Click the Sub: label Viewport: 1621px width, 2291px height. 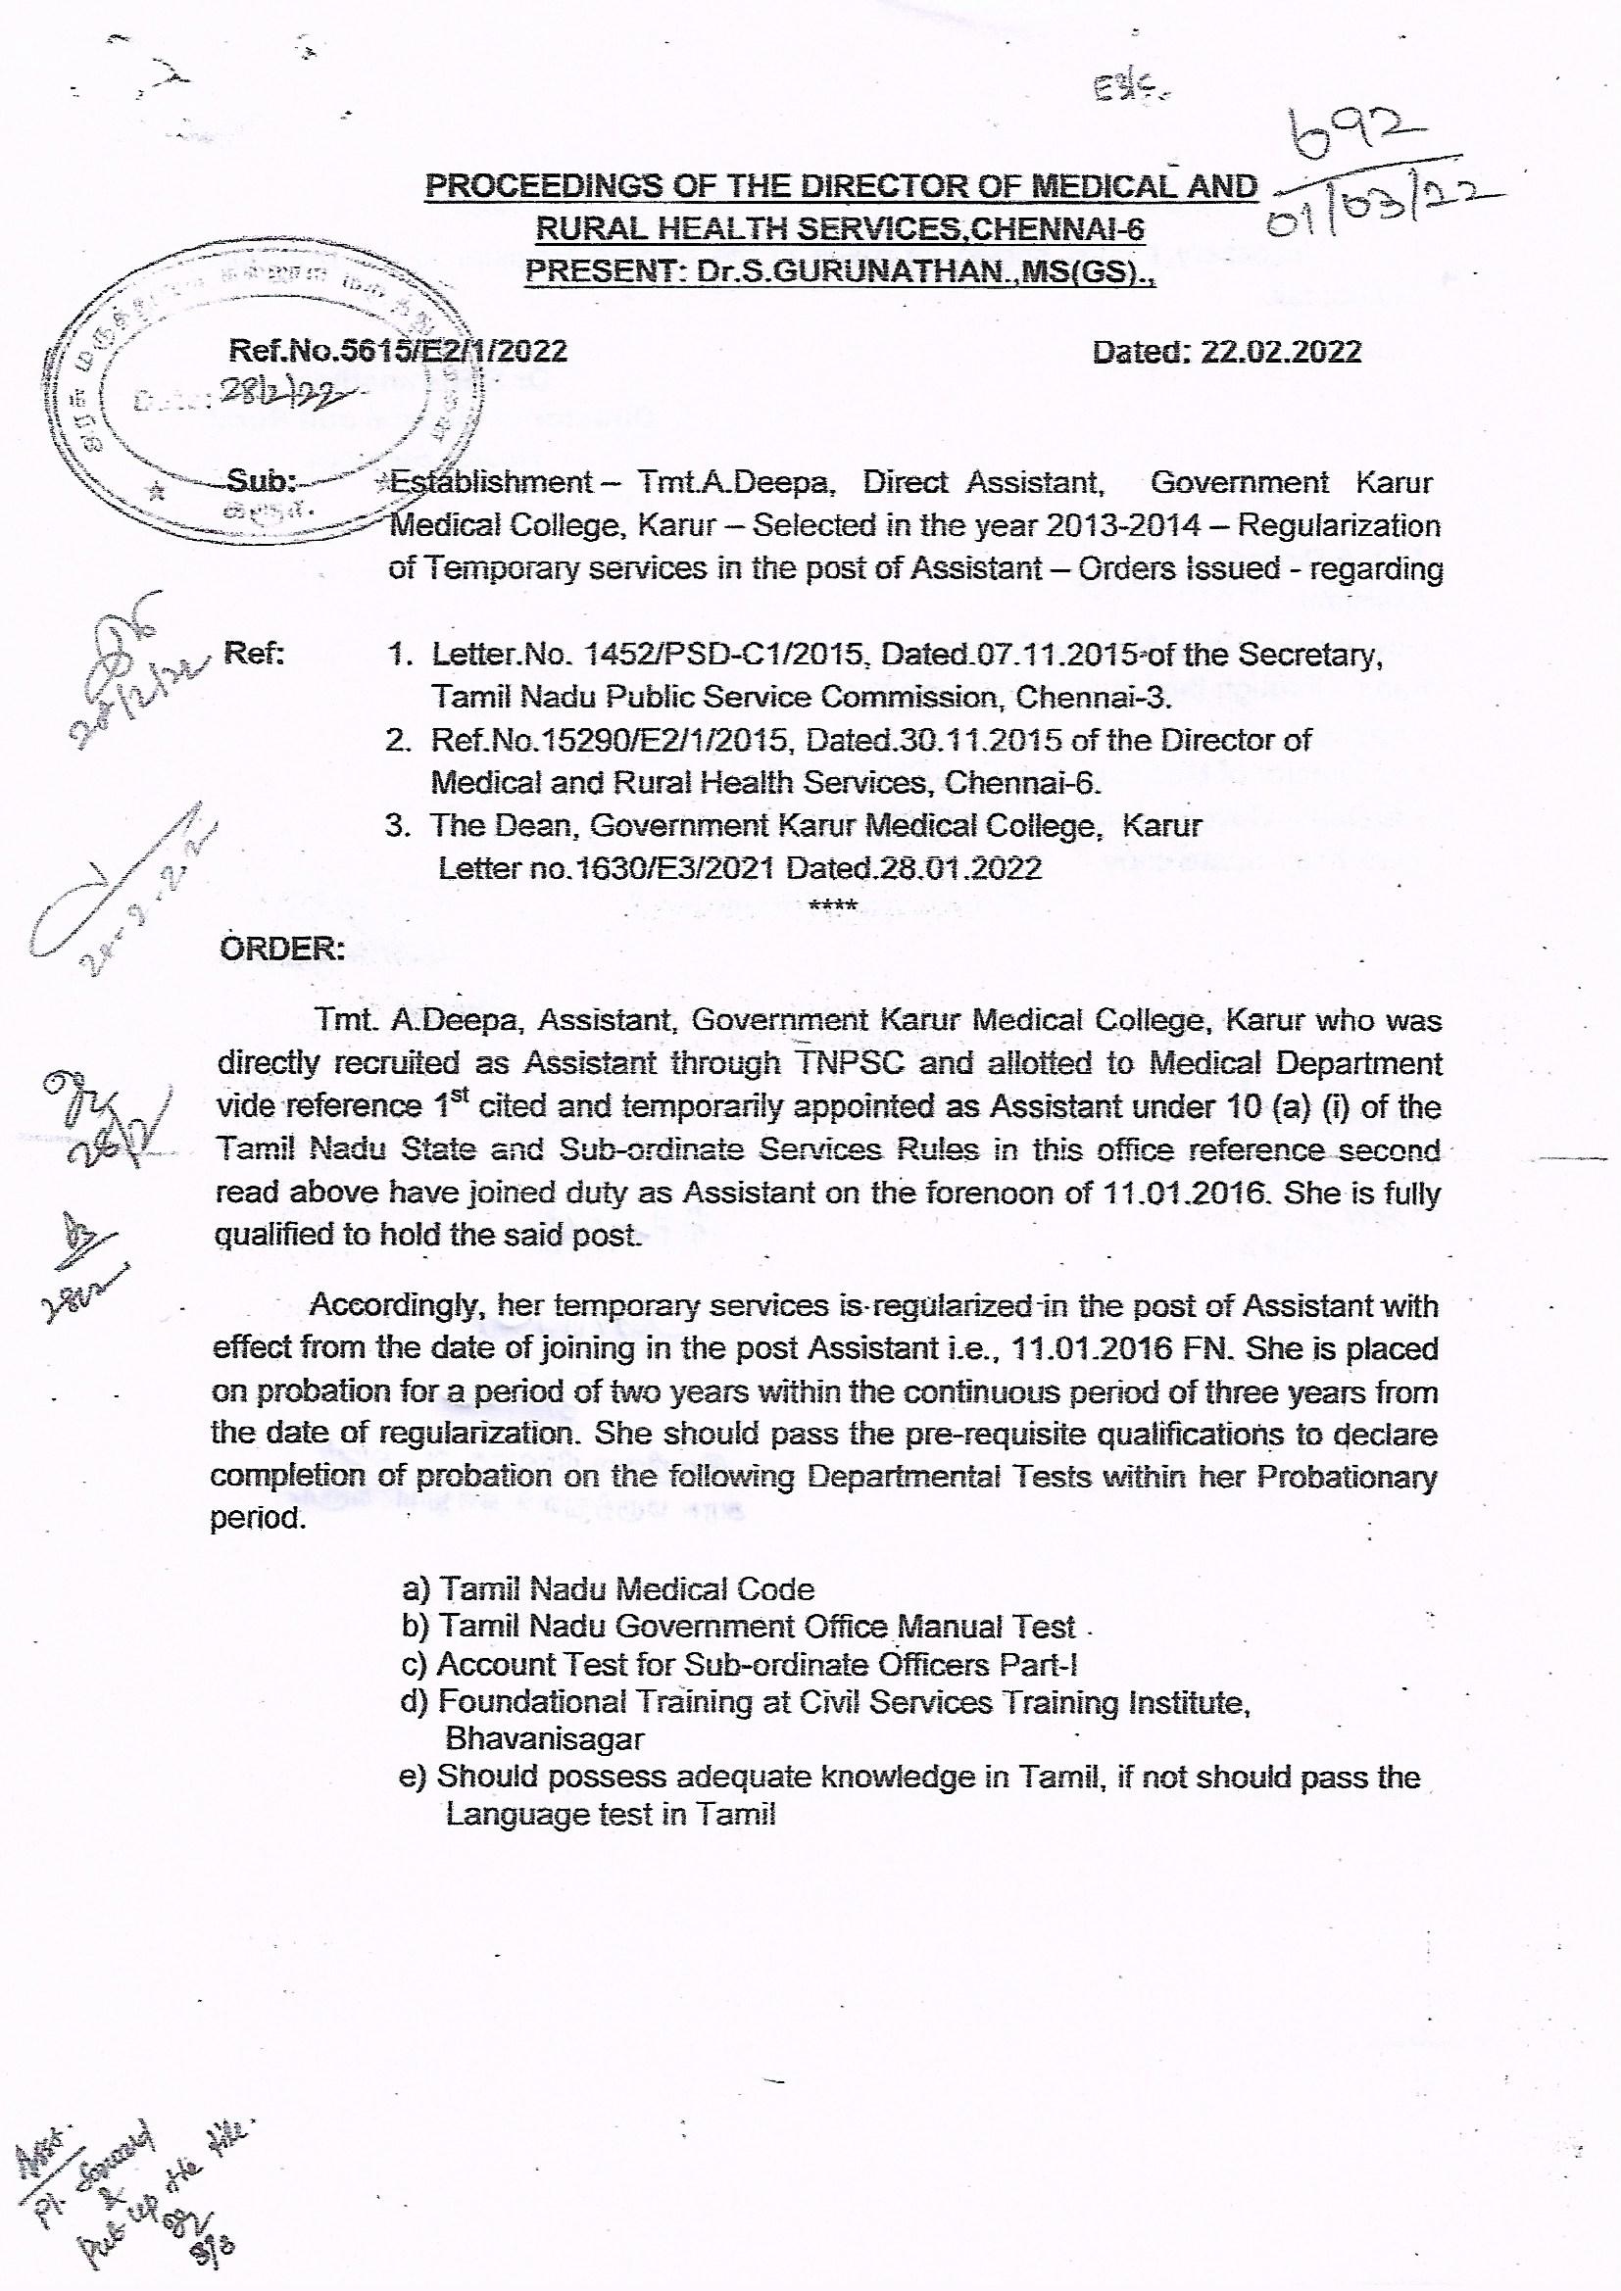pyautogui.click(x=262, y=482)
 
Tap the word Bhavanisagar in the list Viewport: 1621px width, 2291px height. pyautogui.click(x=544, y=1738)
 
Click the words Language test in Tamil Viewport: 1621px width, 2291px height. pyautogui.click(x=610, y=1813)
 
